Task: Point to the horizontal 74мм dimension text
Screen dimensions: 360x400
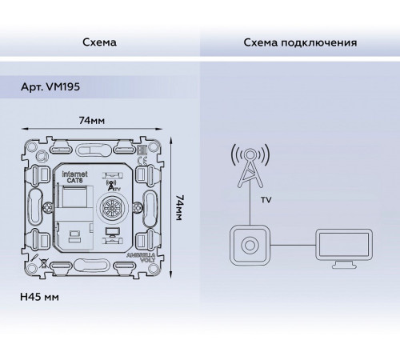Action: (x=99, y=119)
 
